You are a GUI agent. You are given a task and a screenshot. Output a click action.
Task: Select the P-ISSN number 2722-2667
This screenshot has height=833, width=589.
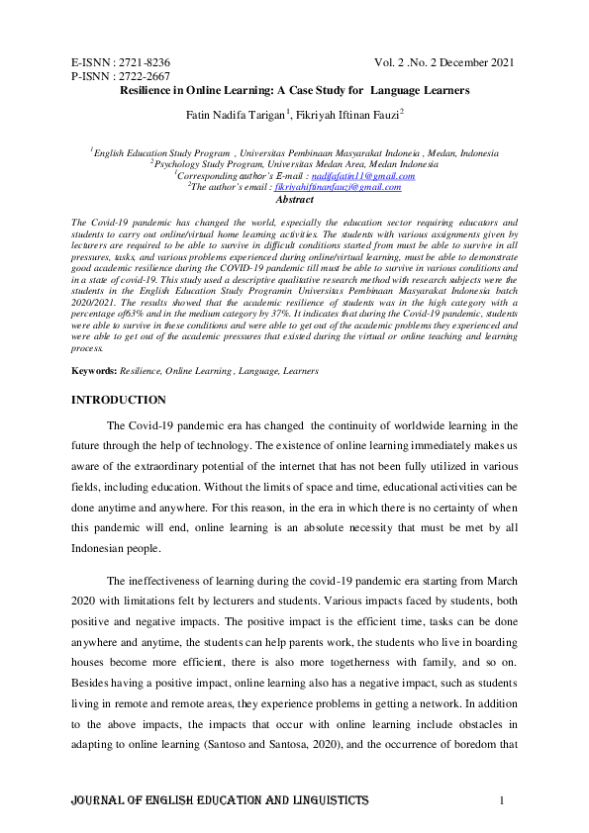tap(145, 76)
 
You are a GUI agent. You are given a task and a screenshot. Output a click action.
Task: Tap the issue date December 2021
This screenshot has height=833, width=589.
tap(475, 62)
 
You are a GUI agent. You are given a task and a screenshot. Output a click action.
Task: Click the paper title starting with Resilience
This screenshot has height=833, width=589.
tap(294, 91)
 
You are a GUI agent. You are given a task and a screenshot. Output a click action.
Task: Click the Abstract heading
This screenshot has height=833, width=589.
tap(294, 199)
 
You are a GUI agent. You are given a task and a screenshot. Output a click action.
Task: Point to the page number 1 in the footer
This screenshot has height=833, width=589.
tap(503, 799)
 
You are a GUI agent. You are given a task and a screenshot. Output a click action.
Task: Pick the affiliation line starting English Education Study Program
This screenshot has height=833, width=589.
tap(295, 153)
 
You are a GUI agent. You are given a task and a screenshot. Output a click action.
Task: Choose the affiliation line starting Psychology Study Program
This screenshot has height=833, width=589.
tap(294, 164)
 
